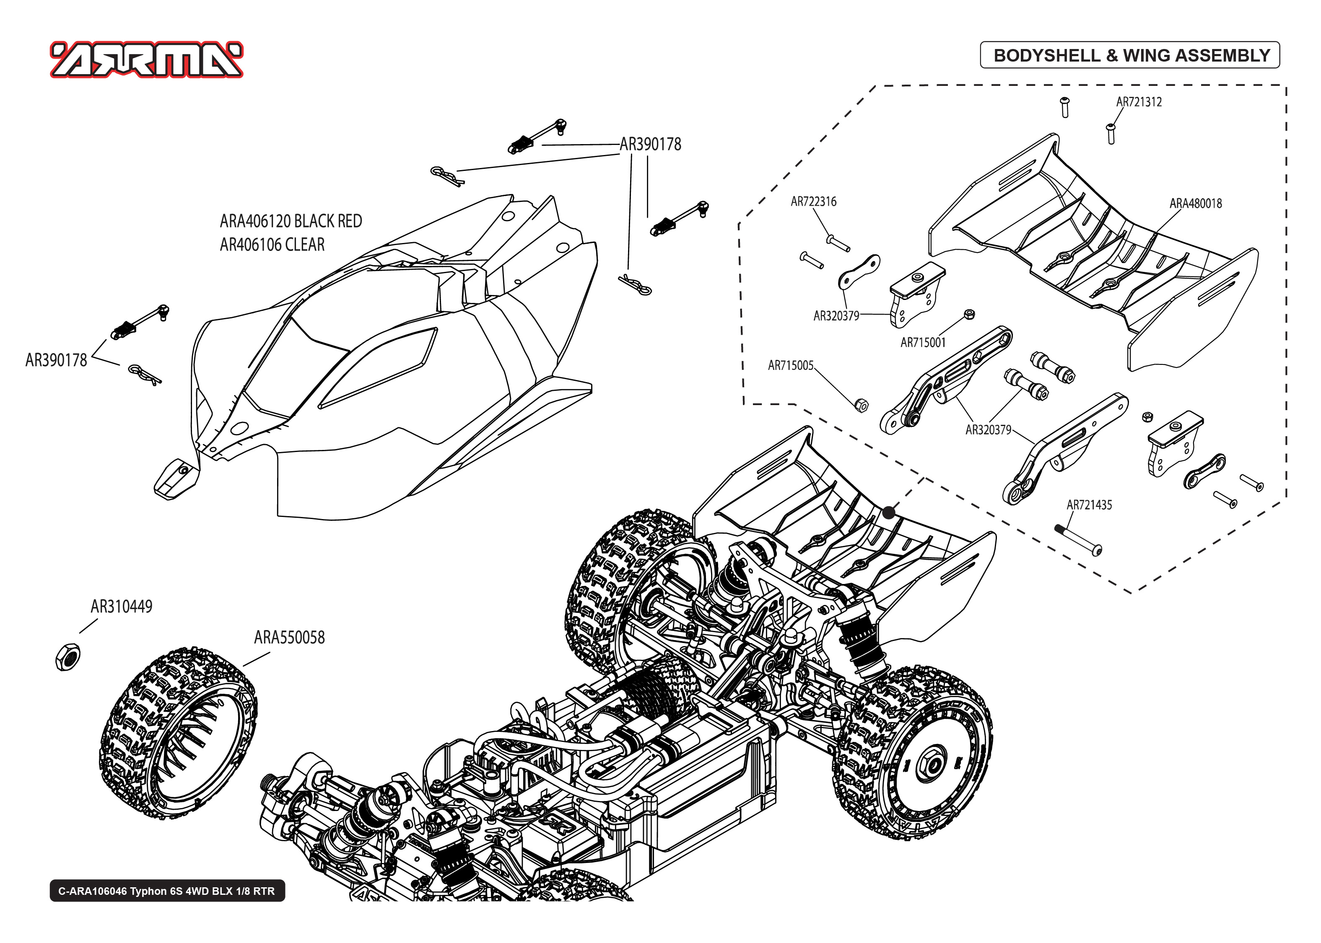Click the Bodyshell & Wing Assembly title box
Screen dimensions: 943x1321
tap(1129, 55)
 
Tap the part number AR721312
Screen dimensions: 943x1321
tap(1139, 102)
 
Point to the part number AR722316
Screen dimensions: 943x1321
tap(813, 202)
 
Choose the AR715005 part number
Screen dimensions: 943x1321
tap(790, 365)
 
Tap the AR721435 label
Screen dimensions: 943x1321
tap(1089, 505)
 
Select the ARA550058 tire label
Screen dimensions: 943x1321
tap(289, 638)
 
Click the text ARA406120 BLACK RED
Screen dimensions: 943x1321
tap(291, 221)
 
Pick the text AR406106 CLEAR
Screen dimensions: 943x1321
tap(272, 245)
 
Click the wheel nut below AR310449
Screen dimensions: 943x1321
tap(67, 658)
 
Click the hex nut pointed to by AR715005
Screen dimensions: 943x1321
tap(862, 405)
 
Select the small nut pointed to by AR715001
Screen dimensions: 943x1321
tap(968, 314)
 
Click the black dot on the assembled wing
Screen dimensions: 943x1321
tap(889, 513)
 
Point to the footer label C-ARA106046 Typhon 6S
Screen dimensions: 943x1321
tap(167, 891)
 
